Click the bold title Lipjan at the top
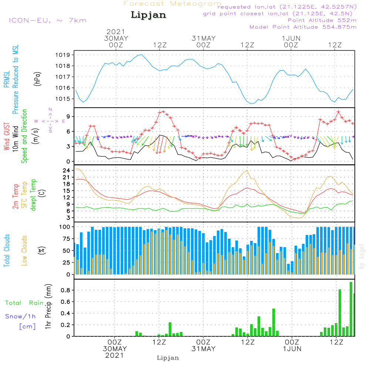click(148, 15)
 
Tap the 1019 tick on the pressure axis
click(64, 55)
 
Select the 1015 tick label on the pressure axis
click(64, 99)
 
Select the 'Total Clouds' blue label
click(7, 250)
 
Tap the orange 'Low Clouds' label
click(24, 250)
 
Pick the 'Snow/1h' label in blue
click(20, 316)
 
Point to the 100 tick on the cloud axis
click(65, 226)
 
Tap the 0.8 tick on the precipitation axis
click(66, 290)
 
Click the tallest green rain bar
click(351, 309)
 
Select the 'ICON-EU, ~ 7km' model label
click(47, 20)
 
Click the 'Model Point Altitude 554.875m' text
click(303, 27)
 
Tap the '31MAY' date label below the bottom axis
click(203, 349)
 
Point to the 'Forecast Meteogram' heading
click(172, 4)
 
